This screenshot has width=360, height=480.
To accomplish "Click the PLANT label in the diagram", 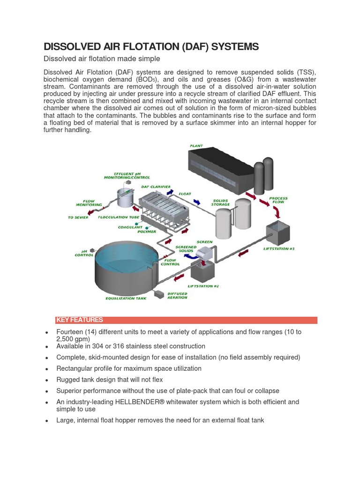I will [x=196, y=146].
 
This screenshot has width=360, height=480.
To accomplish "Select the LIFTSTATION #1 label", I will [x=279, y=248].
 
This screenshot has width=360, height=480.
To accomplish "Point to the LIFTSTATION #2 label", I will [x=203, y=285].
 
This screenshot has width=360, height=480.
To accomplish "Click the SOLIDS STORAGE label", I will [x=221, y=202].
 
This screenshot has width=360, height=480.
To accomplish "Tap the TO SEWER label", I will [x=78, y=217].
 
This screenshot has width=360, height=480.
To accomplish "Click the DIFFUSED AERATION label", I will [x=177, y=296].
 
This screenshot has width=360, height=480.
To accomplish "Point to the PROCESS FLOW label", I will [x=278, y=200].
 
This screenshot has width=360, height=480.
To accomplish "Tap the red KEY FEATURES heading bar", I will [x=186, y=320].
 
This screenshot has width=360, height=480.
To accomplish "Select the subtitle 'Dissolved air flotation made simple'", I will [x=102, y=59].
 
